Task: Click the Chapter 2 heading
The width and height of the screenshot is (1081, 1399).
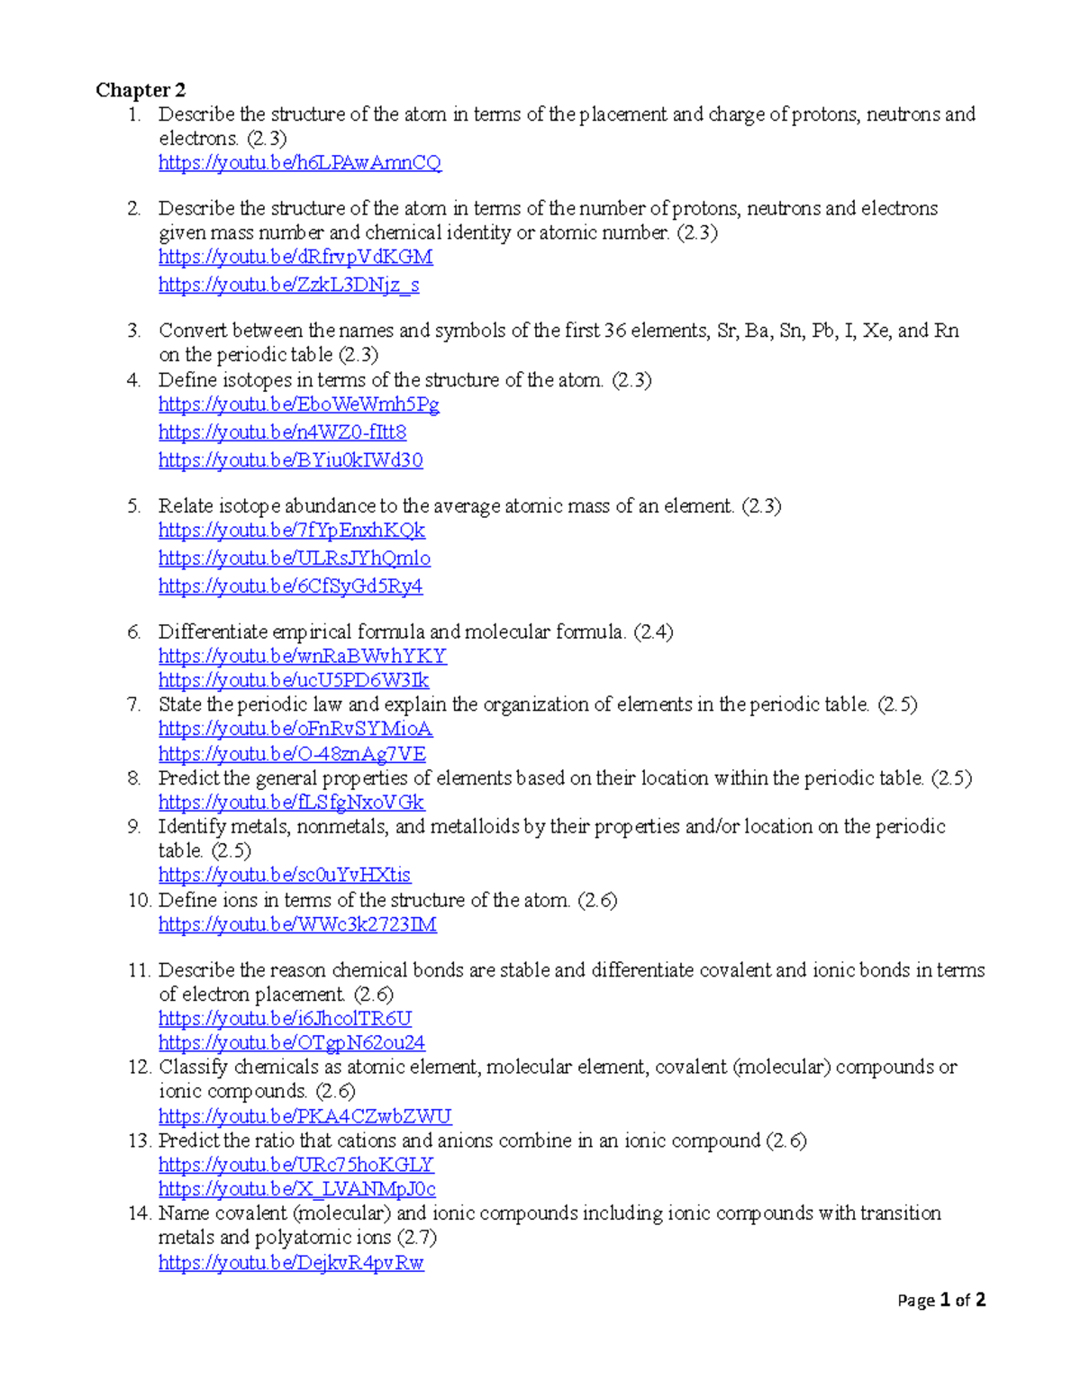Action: (141, 90)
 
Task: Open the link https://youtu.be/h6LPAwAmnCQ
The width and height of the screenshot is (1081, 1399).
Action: (299, 163)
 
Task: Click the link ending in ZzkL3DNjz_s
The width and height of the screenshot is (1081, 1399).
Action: (288, 285)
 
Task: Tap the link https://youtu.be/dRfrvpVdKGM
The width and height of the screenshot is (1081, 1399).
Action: (295, 257)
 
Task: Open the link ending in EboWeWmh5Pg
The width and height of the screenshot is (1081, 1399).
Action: (298, 404)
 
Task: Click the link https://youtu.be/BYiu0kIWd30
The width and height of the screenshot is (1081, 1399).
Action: (290, 460)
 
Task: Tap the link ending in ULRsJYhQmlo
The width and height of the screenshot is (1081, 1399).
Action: (294, 559)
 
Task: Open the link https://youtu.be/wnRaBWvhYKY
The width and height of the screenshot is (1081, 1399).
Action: (302, 656)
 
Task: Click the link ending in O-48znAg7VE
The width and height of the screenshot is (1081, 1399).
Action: (292, 754)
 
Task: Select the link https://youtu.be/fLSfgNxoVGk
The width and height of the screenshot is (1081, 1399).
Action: (291, 803)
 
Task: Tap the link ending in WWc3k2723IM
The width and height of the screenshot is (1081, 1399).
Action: (297, 924)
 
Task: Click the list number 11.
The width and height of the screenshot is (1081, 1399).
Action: (138, 970)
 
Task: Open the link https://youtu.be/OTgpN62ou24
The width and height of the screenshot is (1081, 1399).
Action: (291, 1043)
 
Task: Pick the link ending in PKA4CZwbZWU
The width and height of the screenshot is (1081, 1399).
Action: (304, 1117)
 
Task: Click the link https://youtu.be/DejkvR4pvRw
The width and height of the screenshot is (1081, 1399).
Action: (290, 1263)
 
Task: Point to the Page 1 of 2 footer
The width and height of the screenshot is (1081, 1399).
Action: (940, 1300)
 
